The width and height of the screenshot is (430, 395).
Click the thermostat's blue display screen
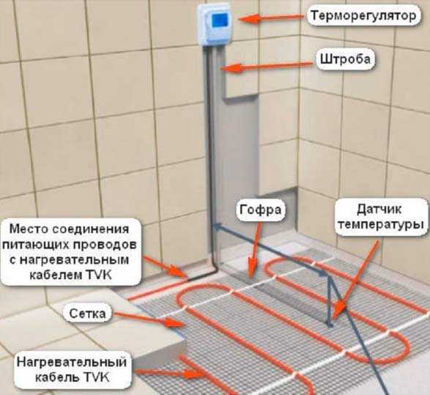(x=220, y=20)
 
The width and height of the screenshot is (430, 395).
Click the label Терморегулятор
(x=364, y=16)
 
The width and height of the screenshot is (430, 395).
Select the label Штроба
(x=345, y=59)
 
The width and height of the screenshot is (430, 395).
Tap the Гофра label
(x=261, y=210)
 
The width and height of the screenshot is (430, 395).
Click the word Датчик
(x=379, y=210)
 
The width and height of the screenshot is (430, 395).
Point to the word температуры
(x=381, y=225)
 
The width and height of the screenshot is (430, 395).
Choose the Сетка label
(x=87, y=314)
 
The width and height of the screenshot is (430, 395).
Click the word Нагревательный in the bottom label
(x=72, y=362)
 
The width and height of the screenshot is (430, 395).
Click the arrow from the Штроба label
(x=266, y=67)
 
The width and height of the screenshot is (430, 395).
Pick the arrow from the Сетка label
(x=148, y=320)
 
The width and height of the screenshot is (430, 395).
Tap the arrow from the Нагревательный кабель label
(x=171, y=373)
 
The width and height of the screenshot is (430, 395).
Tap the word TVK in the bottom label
(x=97, y=377)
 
